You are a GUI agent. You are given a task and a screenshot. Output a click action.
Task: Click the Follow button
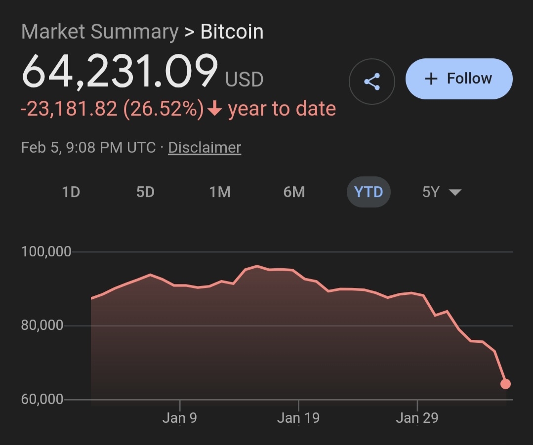[x=459, y=79]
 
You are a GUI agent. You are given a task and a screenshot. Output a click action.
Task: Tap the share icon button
[x=371, y=81]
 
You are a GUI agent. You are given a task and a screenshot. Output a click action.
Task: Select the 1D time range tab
[x=71, y=192]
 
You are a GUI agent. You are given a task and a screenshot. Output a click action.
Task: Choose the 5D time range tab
[x=145, y=192]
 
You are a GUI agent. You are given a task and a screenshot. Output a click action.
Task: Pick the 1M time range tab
[x=220, y=192]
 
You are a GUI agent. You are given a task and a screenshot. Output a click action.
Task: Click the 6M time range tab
[x=294, y=192]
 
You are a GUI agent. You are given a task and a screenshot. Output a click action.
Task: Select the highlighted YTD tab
[x=369, y=192]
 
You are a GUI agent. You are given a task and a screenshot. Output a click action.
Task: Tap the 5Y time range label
[x=431, y=192]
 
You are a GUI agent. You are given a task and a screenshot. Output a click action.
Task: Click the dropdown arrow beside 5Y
[x=455, y=193]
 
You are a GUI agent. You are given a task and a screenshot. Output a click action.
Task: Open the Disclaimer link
[x=205, y=148]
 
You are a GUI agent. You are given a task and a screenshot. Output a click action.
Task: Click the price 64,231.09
[x=120, y=72]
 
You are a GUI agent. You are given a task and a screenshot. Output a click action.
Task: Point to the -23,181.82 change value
[x=69, y=109]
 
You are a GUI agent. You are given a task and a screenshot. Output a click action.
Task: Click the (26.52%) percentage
[x=164, y=109]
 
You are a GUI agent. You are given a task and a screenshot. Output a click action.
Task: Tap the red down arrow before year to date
[x=215, y=109]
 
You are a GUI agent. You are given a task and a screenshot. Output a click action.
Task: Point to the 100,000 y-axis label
[x=46, y=252]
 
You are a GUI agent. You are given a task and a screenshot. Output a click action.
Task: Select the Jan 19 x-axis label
[x=298, y=418]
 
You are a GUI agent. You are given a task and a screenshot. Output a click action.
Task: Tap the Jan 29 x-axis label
[x=417, y=418]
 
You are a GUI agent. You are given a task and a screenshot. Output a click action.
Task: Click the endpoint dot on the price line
[x=505, y=384]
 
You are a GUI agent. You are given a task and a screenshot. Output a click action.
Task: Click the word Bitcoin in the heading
[x=232, y=32]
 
